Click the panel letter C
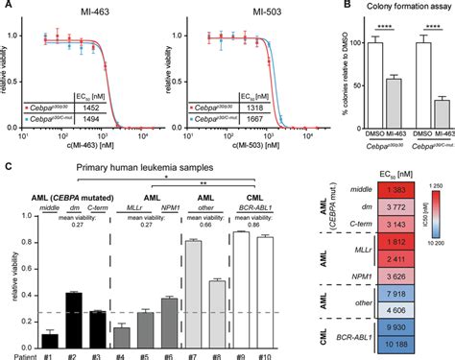pos(10,169)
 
